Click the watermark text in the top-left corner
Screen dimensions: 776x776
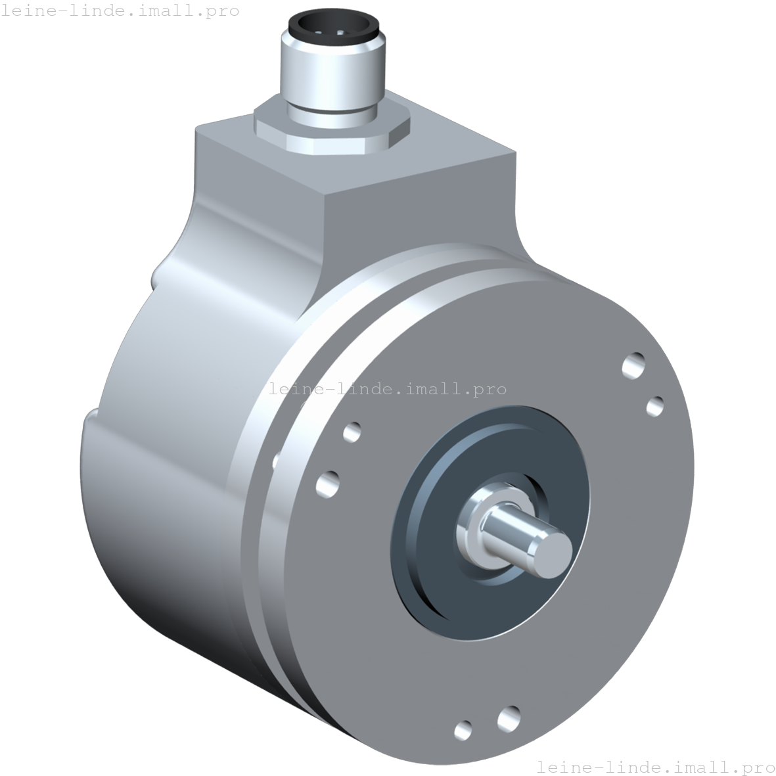tap(120, 11)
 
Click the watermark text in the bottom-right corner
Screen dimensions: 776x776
tap(655, 766)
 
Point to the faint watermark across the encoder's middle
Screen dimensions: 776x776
tap(388, 389)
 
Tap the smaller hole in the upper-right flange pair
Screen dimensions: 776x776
tap(655, 406)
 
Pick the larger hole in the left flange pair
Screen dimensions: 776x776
tap(328, 484)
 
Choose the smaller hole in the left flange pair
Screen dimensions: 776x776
tap(352, 432)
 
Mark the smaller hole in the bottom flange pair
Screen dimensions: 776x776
tap(463, 729)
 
